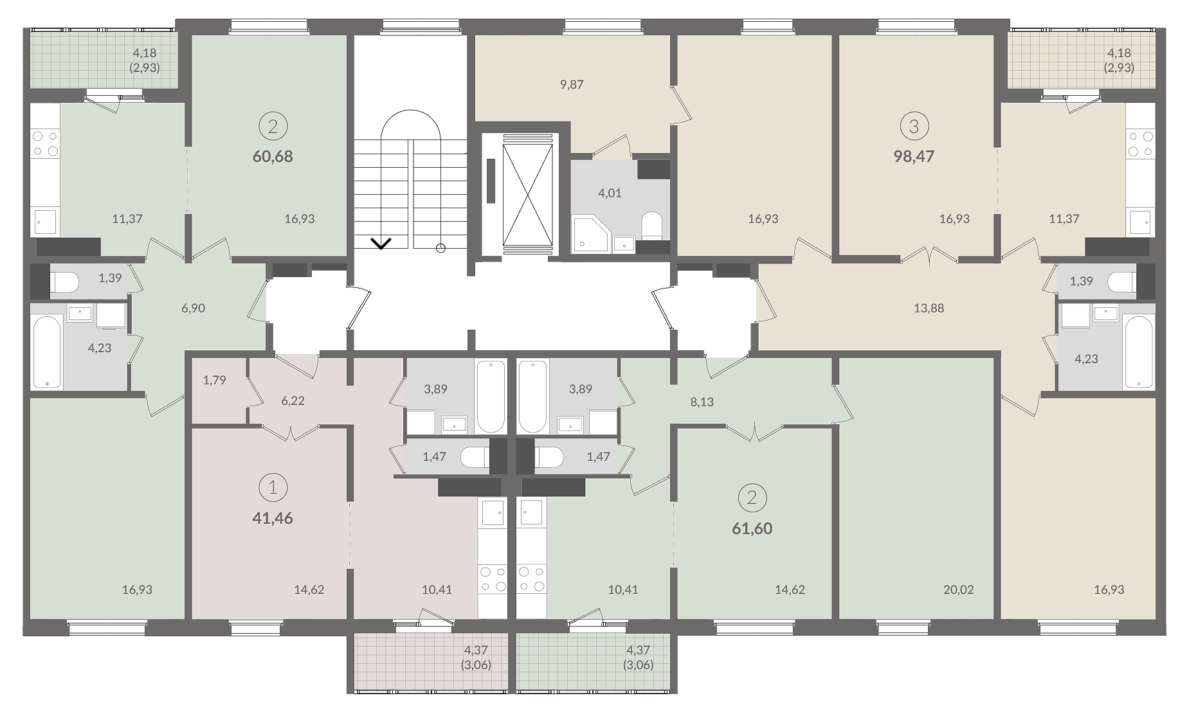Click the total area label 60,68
(273, 156)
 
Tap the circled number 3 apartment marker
(914, 127)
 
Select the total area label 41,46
(273, 518)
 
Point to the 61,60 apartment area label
(752, 528)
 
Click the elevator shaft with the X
(527, 195)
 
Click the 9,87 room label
(572, 84)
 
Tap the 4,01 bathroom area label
(610, 193)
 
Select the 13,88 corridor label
(929, 308)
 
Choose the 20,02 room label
(958, 589)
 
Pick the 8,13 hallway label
(702, 402)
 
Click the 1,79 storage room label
(214, 380)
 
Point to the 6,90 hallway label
(193, 308)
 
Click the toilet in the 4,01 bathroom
(652, 224)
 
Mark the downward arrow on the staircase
(381, 243)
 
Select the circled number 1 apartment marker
(273, 488)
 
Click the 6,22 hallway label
(293, 400)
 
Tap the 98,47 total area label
(914, 156)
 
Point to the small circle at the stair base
(440, 248)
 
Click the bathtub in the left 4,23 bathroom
(47, 352)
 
